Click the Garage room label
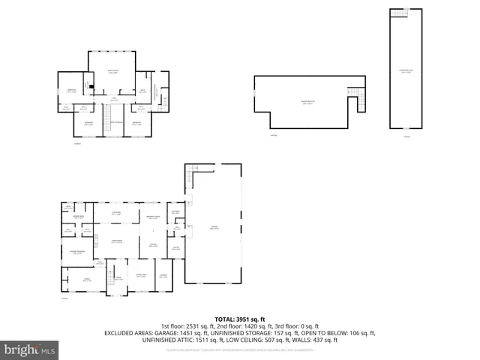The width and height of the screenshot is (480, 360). (214, 229)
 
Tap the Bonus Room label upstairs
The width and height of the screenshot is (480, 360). (112, 71)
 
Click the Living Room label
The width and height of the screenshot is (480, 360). (117, 242)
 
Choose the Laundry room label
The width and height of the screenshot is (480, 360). (163, 275)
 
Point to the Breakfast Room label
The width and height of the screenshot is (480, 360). (150, 217)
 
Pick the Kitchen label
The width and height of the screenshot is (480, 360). (152, 244)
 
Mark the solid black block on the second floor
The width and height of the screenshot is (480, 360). (91, 85)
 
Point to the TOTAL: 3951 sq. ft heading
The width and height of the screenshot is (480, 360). (240, 319)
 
